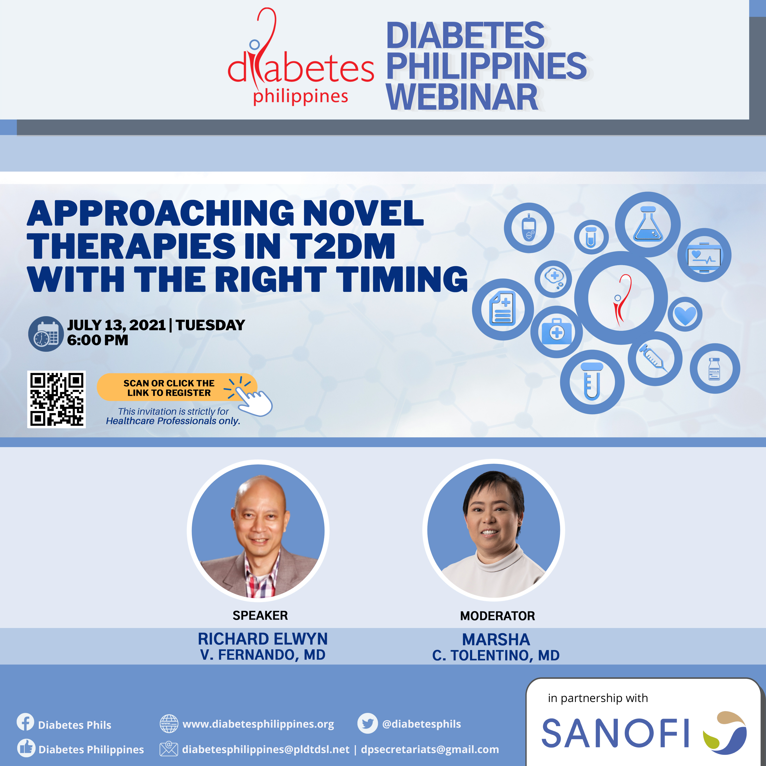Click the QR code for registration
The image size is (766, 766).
56,399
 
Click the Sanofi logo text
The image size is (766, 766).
615,734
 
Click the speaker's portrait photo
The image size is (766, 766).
258,530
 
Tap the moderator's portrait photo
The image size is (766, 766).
494,530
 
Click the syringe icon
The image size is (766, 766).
653,358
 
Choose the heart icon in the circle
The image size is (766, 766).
685,315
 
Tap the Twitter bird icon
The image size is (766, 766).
367,724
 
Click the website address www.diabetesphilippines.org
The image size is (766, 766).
258,724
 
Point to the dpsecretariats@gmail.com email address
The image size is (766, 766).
430,749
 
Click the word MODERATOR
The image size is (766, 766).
498,616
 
